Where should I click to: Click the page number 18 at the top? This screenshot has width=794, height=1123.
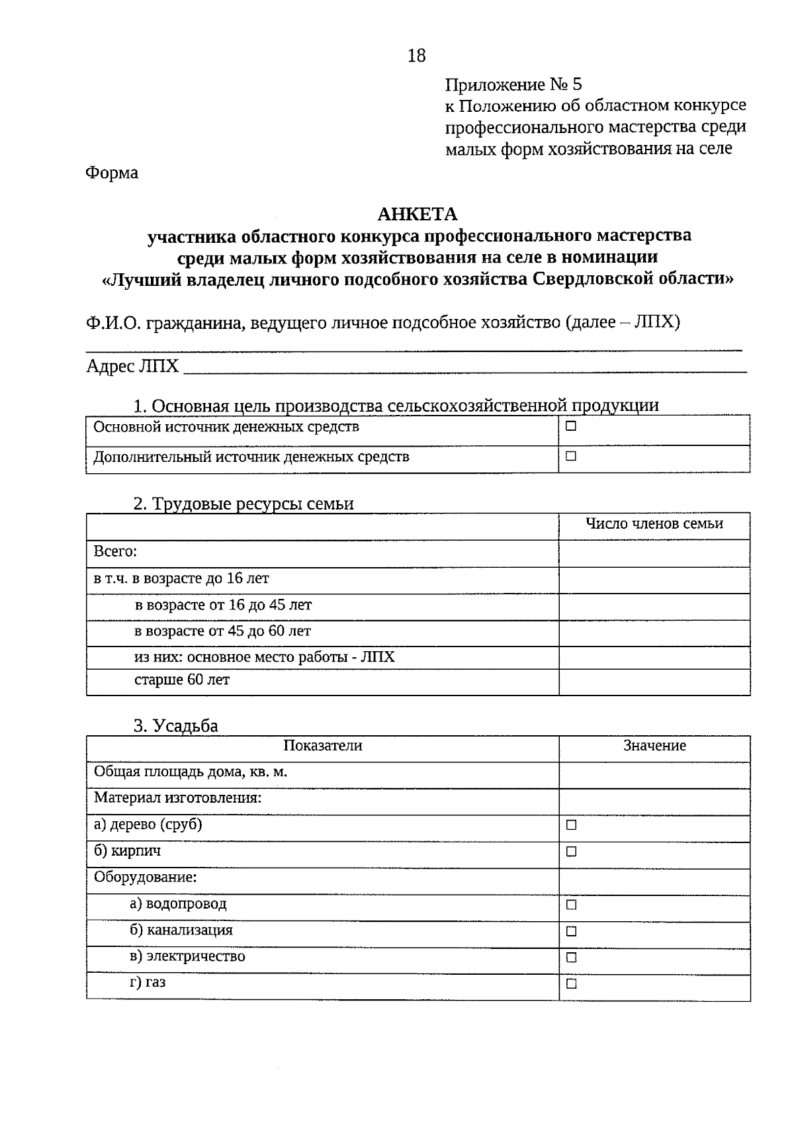pyautogui.click(x=416, y=56)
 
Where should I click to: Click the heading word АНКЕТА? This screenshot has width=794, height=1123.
pyautogui.click(x=417, y=214)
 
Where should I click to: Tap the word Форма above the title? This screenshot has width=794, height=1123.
pyautogui.click(x=112, y=173)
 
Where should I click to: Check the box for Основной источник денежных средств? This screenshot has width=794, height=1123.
pyautogui.click(x=571, y=427)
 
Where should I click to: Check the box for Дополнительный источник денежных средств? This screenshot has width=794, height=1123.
pyautogui.click(x=571, y=457)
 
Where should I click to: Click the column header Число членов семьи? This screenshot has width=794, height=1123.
pyautogui.click(x=654, y=524)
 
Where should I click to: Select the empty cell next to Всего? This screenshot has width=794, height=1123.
pyautogui.click(x=654, y=553)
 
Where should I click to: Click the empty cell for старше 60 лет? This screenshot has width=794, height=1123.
pyautogui.click(x=654, y=682)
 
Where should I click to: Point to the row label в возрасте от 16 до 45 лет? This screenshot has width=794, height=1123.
pyautogui.click(x=222, y=605)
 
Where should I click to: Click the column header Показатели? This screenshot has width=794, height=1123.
pyautogui.click(x=322, y=746)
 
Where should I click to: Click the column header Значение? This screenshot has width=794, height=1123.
pyautogui.click(x=654, y=746)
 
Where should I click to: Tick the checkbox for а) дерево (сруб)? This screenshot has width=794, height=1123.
pyautogui.click(x=571, y=825)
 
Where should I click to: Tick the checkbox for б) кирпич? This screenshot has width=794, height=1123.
pyautogui.click(x=571, y=852)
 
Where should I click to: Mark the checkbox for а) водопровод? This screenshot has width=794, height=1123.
pyautogui.click(x=571, y=905)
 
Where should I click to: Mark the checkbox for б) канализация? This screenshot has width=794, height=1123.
pyautogui.click(x=571, y=931)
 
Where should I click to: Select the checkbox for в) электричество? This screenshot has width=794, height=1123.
pyautogui.click(x=571, y=958)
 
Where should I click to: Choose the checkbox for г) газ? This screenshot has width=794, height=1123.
pyautogui.click(x=571, y=984)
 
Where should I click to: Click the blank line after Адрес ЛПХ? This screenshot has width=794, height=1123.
pyautogui.click(x=463, y=368)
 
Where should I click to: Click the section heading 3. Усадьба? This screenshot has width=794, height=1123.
pyautogui.click(x=175, y=726)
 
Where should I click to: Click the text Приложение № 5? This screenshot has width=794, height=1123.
pyautogui.click(x=513, y=85)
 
